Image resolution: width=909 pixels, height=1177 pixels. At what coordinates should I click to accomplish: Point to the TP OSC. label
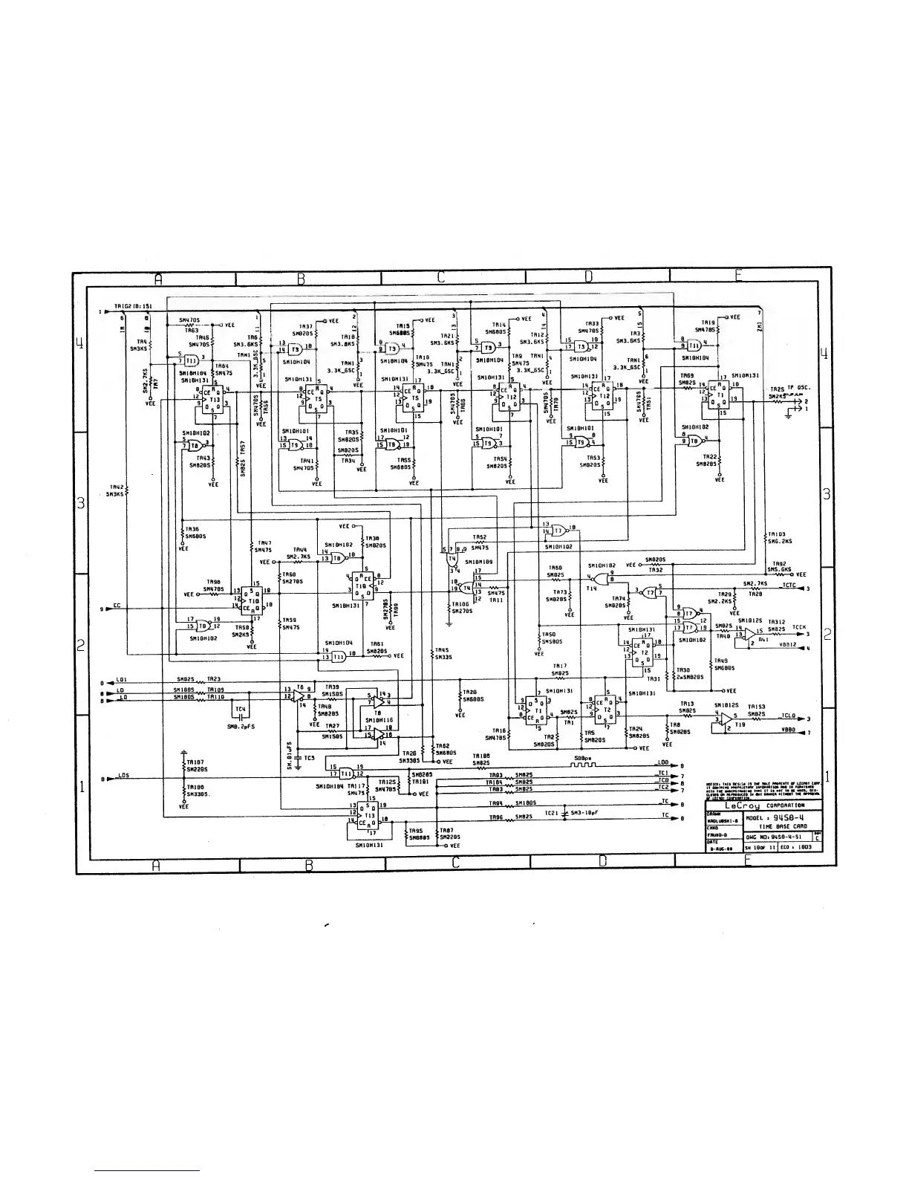coord(798,388)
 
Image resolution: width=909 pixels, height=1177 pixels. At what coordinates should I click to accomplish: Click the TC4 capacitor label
coord(241,710)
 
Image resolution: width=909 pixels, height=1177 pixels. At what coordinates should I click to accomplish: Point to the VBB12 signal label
coord(788,645)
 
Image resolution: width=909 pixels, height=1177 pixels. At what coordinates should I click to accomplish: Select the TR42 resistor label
coord(114,487)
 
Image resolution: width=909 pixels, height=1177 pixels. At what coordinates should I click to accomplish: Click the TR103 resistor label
coord(777,534)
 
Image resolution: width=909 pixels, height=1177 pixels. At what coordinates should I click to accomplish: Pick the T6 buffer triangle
coord(299,695)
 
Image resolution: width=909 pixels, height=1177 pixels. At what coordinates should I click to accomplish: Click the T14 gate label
coord(592,588)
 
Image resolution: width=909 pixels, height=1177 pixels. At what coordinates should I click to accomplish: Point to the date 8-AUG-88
coord(721,847)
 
